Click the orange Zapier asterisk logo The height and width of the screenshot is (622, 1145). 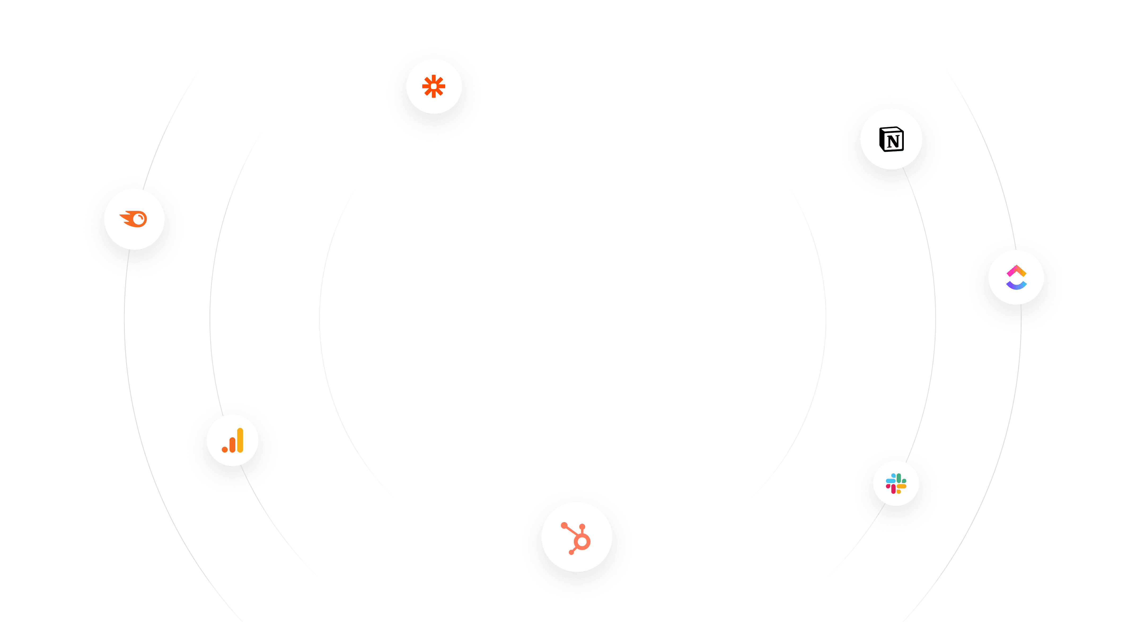point(434,86)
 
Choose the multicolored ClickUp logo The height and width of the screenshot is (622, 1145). point(1016,277)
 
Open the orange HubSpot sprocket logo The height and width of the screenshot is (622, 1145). point(576,537)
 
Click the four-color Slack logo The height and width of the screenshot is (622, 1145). point(896,484)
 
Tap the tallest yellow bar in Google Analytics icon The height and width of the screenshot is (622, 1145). point(240,440)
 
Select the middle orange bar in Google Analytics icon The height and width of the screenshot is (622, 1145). point(232,445)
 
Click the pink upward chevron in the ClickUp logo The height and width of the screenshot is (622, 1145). point(1016,270)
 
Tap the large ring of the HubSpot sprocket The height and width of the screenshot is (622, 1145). point(582,541)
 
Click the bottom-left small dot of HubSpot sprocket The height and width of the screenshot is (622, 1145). point(571,552)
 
